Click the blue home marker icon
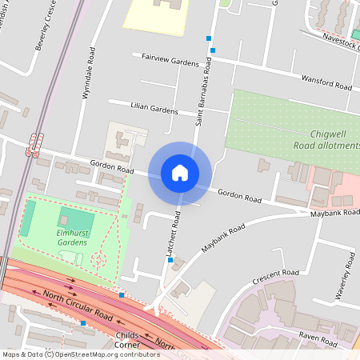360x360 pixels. point(180,173)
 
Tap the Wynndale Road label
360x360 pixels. point(88,73)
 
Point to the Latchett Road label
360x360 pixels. point(174,233)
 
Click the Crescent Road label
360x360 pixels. point(274,277)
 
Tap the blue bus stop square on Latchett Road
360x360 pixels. point(170,260)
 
